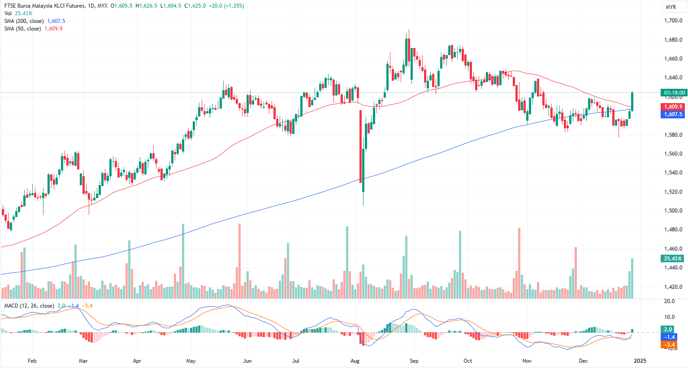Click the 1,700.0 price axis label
[673, 21]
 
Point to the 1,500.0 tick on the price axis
[673, 211]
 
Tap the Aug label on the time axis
[355, 360]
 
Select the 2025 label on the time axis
[640, 360]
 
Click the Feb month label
[32, 360]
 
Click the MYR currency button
[671, 7]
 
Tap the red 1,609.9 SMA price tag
[673, 107]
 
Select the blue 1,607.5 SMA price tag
[673, 114]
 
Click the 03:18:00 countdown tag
[673, 93]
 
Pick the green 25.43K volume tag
[672, 259]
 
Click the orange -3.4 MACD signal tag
[669, 345]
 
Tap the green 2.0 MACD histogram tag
[668, 330]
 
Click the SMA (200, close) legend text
[24, 21]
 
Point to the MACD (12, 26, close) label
[29, 306]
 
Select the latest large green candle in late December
[632, 101]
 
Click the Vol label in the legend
[8, 13]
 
